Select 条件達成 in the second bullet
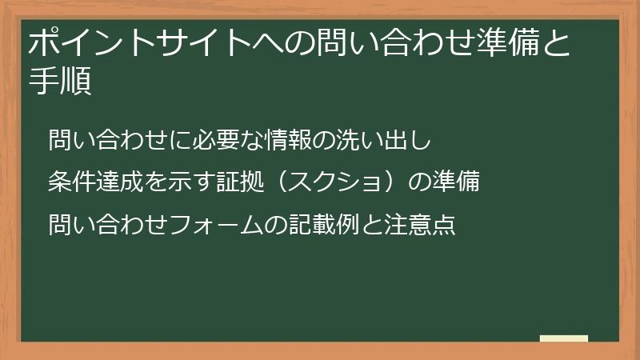[x=95, y=182]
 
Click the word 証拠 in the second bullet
[x=239, y=182]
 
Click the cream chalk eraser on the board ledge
[x=563, y=339]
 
